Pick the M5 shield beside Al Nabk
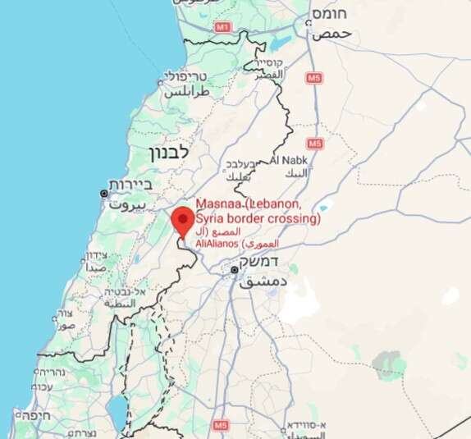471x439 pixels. pyautogui.click(x=316, y=144)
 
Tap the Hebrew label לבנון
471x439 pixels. pyautogui.click(x=169, y=153)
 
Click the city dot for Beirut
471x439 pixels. pyautogui.click(x=103, y=194)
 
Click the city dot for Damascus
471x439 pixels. pyautogui.click(x=234, y=269)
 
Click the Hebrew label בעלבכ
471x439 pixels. pyautogui.click(x=244, y=162)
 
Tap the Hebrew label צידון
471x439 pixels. pyautogui.click(x=96, y=255)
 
